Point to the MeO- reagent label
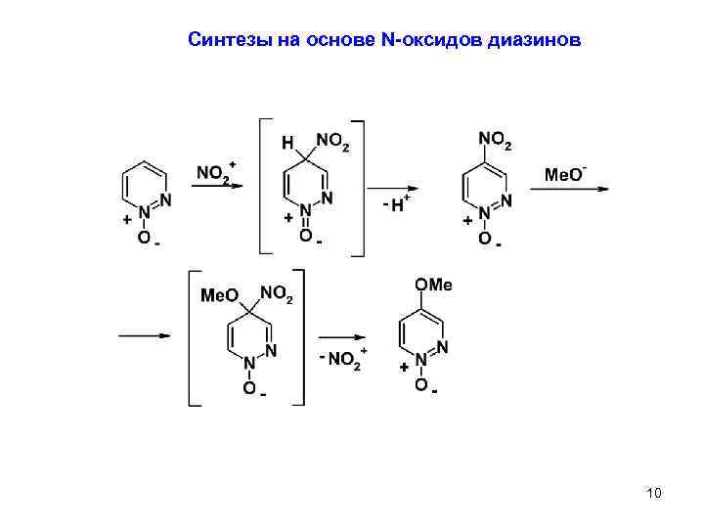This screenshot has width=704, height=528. (564, 174)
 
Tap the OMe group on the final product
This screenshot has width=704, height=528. (434, 285)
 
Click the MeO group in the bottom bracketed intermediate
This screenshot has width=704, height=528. (220, 294)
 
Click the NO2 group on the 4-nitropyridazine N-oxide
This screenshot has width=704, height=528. (494, 143)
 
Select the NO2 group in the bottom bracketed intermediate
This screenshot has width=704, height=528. (276, 293)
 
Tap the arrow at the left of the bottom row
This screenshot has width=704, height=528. (145, 336)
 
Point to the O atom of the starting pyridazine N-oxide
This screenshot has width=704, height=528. (144, 238)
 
